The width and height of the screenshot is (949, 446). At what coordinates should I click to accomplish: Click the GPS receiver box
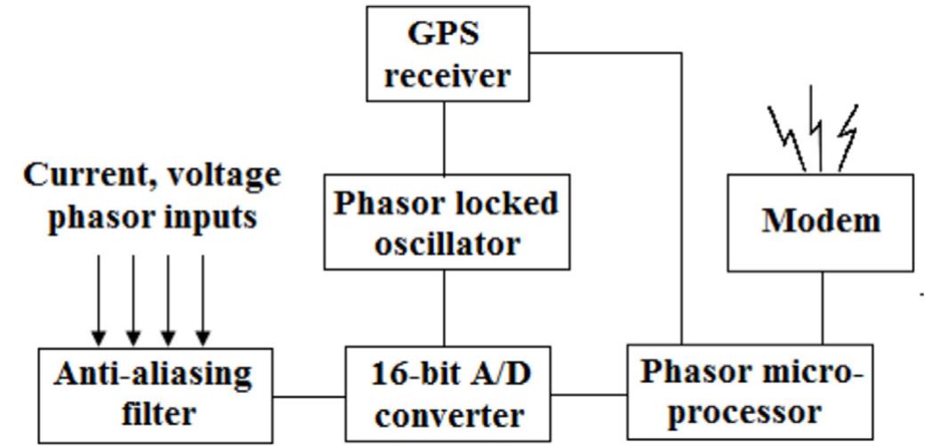tap(447, 53)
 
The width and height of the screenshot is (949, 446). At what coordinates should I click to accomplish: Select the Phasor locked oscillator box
tap(446, 221)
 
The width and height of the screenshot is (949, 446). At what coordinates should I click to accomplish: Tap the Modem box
tap(820, 222)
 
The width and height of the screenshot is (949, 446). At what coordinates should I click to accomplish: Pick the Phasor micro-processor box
tap(750, 392)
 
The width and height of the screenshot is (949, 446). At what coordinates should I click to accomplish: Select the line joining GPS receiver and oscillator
tap(444, 138)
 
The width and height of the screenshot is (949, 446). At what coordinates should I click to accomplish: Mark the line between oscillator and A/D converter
tap(444, 307)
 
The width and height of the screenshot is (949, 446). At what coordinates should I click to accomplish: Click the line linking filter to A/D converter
tap(309, 396)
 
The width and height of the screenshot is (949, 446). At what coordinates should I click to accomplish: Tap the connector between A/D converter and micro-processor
tap(589, 394)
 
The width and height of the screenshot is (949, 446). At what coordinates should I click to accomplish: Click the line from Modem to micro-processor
tap(822, 307)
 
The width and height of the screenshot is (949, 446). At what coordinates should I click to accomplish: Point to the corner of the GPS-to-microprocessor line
tap(681, 53)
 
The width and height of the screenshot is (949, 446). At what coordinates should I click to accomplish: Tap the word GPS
tap(444, 34)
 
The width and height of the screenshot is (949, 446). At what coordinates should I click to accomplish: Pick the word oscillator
tap(446, 243)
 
